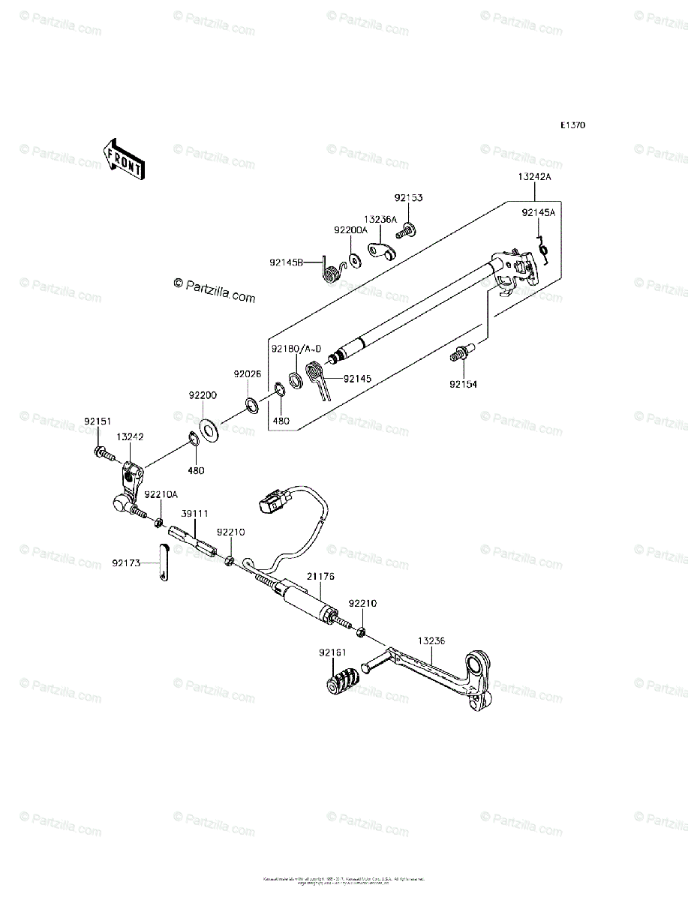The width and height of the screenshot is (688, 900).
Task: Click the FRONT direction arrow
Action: [x=124, y=158]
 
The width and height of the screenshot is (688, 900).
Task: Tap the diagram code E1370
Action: [x=572, y=125]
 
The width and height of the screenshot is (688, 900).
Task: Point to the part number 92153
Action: [x=409, y=198]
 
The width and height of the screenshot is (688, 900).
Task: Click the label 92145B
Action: [x=287, y=262]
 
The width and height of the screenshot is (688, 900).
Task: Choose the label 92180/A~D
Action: [x=296, y=349]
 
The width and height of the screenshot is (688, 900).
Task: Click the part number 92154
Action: [x=463, y=384]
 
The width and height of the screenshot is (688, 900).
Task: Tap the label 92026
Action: [x=247, y=373]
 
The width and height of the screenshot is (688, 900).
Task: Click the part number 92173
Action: [x=128, y=562]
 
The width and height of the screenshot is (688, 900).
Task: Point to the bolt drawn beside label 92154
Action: [x=460, y=352]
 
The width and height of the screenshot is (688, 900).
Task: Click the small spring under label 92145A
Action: [x=546, y=250]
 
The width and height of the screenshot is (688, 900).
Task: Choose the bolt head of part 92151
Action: [x=100, y=451]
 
